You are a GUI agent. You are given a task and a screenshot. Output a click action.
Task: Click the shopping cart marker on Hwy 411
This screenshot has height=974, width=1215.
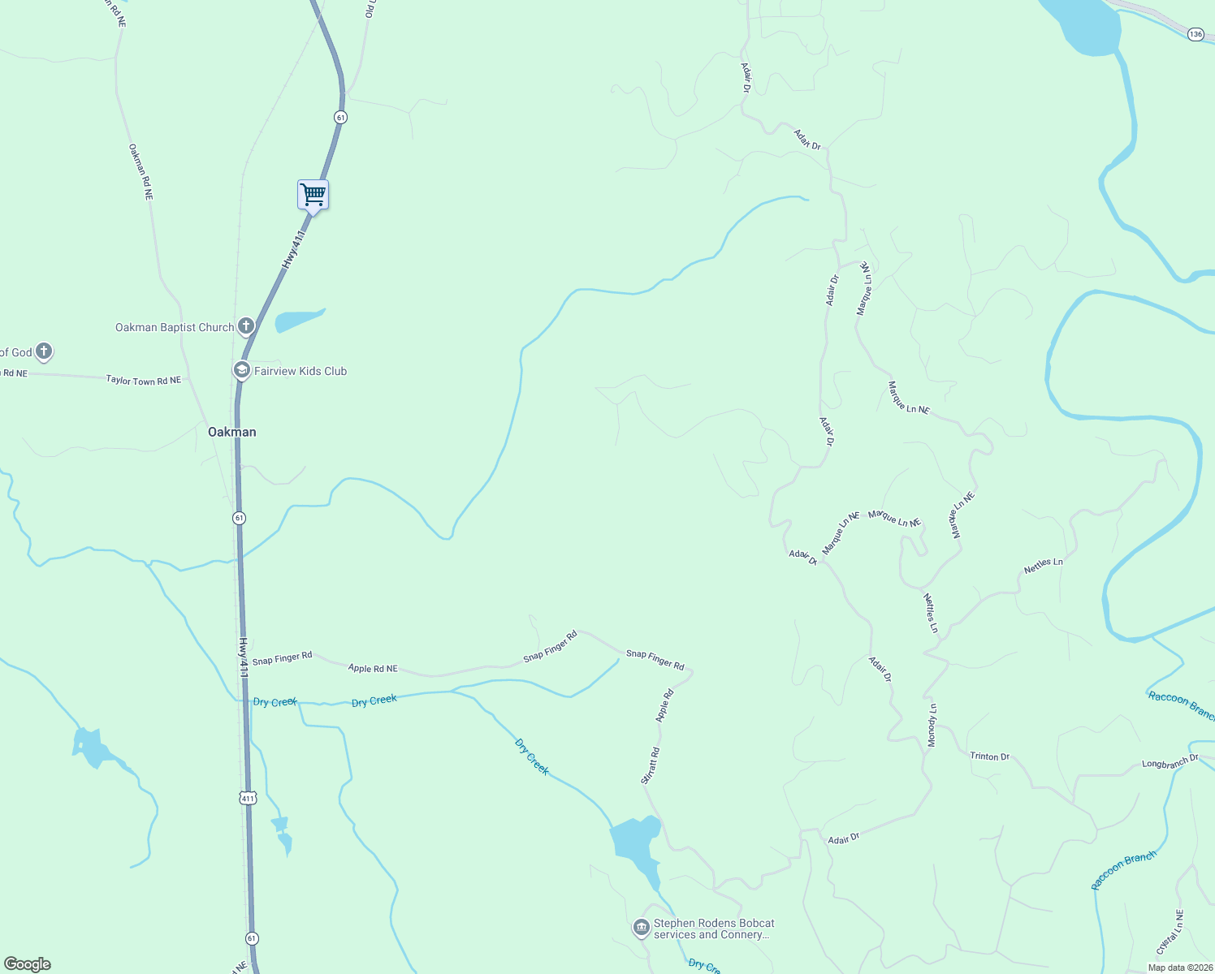[x=313, y=196]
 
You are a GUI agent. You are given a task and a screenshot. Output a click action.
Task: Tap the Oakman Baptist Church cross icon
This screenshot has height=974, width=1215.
[x=246, y=326]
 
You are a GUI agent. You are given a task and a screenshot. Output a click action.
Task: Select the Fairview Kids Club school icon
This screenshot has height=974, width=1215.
[x=241, y=370]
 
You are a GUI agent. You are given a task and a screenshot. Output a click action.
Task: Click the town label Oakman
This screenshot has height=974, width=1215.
[x=232, y=432]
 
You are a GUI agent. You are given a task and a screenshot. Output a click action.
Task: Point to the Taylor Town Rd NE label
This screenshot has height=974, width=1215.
[x=144, y=380]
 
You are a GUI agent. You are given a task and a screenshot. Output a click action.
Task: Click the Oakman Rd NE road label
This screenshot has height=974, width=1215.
[x=141, y=172]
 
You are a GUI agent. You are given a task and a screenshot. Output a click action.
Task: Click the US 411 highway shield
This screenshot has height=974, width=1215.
[x=248, y=798]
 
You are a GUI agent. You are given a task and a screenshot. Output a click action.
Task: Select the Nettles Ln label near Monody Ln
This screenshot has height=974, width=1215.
[x=931, y=613]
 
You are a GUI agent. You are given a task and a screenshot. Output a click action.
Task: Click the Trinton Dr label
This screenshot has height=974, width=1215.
[x=989, y=756]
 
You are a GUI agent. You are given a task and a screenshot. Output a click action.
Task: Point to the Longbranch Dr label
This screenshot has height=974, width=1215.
[x=1170, y=762]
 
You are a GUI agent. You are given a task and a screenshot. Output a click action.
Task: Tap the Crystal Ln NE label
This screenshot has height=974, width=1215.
[x=1169, y=932]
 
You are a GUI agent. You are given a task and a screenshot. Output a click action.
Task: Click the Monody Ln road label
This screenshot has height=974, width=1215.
[x=932, y=725]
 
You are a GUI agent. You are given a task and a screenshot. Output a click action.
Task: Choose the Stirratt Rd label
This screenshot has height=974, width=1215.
[x=650, y=765]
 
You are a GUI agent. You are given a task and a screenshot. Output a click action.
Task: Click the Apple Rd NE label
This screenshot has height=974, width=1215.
[x=373, y=668]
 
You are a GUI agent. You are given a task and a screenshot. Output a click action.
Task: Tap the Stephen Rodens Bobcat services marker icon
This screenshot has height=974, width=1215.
[x=641, y=927]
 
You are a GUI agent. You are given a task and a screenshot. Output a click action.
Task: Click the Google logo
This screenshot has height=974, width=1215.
[x=28, y=963]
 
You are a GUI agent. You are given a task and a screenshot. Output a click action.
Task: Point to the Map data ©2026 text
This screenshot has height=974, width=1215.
[x=1178, y=968]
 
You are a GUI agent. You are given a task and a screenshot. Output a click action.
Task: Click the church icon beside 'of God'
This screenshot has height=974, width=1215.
[x=44, y=351]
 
